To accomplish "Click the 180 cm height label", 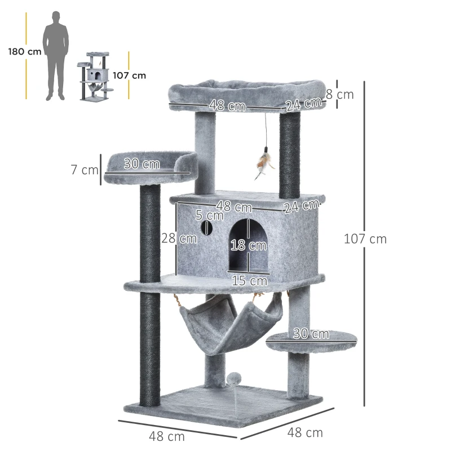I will (25, 52).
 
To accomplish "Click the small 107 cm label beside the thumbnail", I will (129, 75).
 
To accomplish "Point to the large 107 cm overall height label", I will (365, 238).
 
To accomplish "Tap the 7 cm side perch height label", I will (85, 169).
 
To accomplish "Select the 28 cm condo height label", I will (179, 238).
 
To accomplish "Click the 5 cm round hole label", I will (210, 215).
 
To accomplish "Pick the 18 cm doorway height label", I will (249, 245).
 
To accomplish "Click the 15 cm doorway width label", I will (249, 280).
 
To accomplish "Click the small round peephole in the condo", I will (206, 228).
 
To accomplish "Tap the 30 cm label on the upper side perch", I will (142, 164).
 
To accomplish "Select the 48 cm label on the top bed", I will (227, 105).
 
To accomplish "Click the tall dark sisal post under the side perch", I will (150, 293).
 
